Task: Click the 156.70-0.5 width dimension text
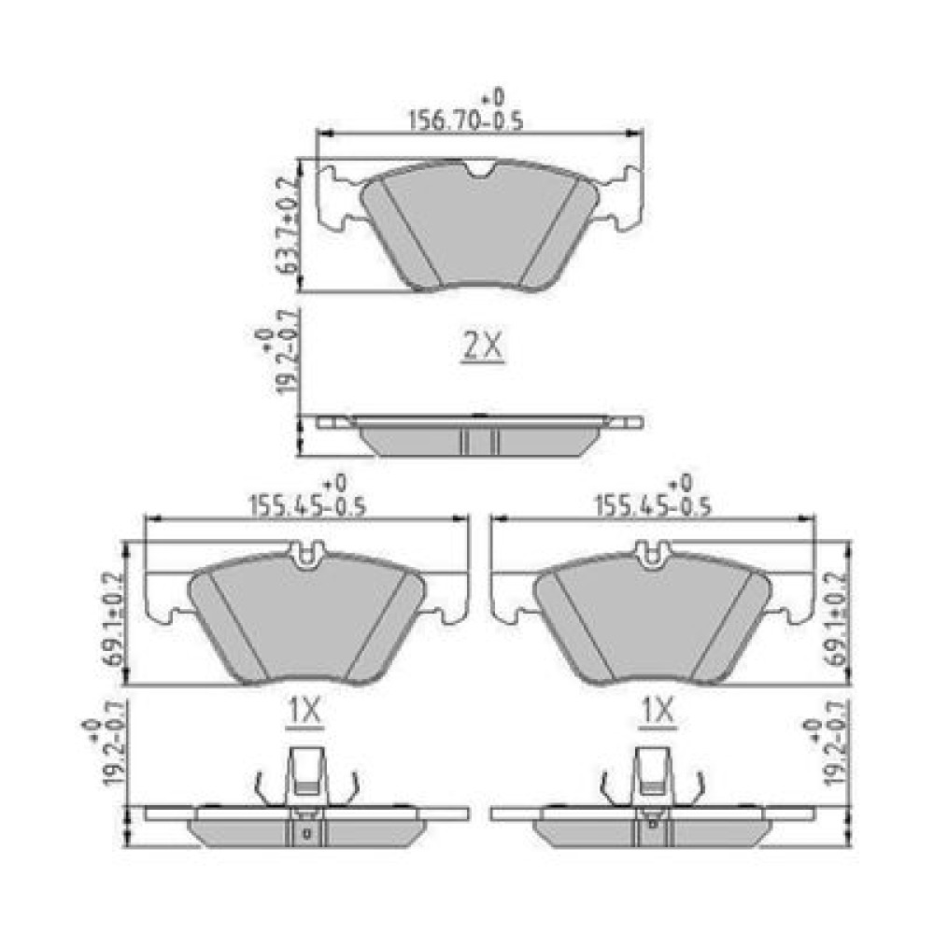[466, 120]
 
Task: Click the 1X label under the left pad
[305, 711]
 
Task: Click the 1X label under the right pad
[657, 711]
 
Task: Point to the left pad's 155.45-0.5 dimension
[306, 505]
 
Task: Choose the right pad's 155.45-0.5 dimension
[654, 505]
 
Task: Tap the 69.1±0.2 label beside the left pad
[113, 619]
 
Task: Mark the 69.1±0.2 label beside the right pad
[836, 619]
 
